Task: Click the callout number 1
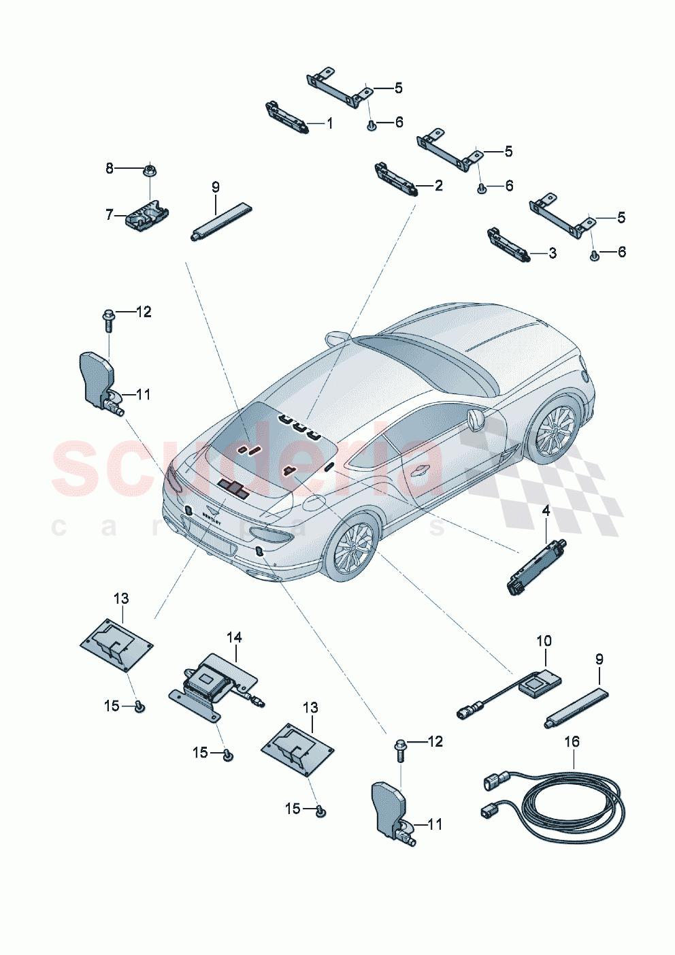330,124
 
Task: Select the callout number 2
438,186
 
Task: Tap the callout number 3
553,253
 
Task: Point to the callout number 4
546,511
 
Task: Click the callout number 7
110,214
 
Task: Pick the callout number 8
110,167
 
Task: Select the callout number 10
544,641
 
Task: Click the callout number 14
234,637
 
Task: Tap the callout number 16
572,741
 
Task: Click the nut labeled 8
149,167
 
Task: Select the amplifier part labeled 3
509,245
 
